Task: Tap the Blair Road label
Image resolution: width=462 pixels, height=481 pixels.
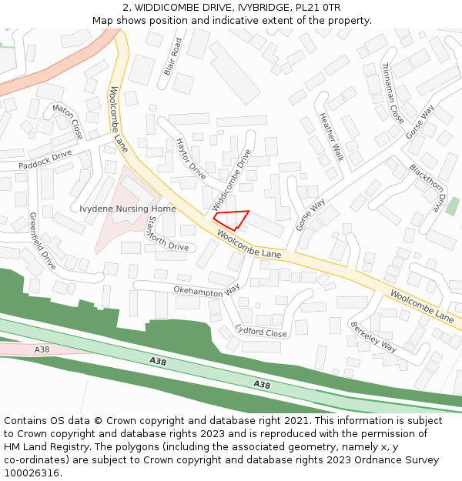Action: click(172, 57)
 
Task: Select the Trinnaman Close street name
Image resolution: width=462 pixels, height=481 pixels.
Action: click(392, 93)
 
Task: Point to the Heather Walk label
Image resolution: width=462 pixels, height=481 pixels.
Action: click(331, 137)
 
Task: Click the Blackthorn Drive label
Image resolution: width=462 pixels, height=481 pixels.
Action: click(427, 188)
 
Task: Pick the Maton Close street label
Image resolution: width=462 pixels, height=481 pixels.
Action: click(67, 122)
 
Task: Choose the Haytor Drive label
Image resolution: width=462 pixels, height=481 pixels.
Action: click(192, 159)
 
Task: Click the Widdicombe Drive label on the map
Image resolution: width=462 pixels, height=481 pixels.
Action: click(231, 181)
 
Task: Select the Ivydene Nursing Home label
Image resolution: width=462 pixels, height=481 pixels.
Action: click(128, 209)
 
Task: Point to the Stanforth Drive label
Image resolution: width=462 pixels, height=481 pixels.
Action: click(167, 234)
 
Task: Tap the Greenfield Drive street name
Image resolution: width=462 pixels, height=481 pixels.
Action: click(43, 241)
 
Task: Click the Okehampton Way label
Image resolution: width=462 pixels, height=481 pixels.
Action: click(206, 290)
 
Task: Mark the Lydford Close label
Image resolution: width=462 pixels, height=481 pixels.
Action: click(261, 332)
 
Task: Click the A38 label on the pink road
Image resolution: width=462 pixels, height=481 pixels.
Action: click(42, 349)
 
